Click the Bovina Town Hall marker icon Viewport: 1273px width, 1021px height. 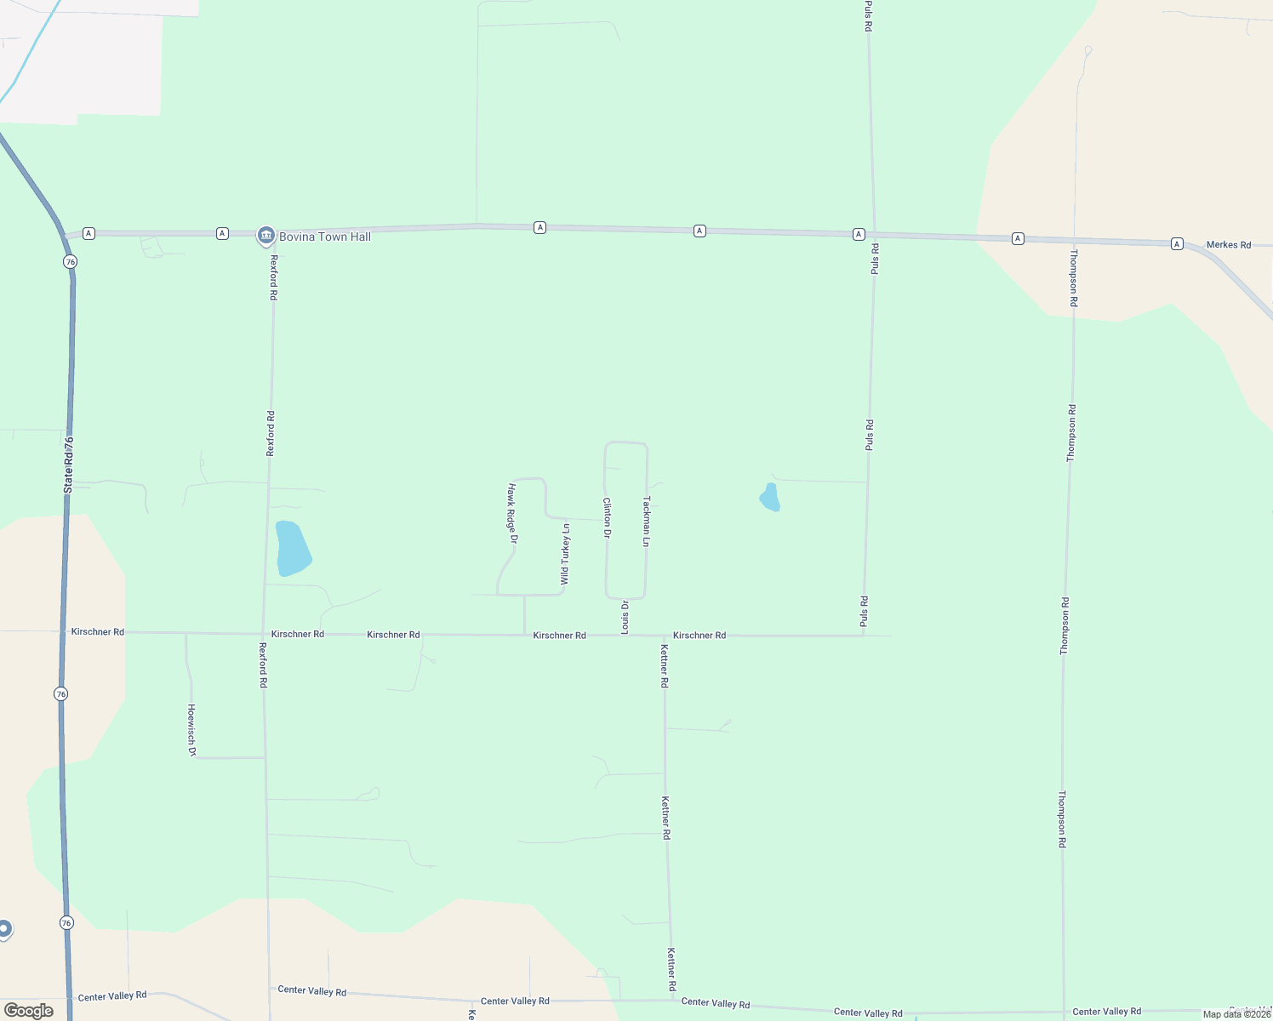(265, 236)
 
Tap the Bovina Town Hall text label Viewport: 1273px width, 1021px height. (325, 237)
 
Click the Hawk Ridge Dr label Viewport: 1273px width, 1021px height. (512, 513)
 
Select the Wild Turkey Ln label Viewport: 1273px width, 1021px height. (565, 554)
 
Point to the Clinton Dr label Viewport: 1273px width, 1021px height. (607, 518)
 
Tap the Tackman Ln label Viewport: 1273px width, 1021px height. (647, 521)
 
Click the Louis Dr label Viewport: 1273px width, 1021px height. (625, 617)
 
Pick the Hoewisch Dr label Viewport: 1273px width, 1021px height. (191, 730)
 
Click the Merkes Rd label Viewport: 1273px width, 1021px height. (1229, 245)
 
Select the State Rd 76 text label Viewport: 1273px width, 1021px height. (69, 465)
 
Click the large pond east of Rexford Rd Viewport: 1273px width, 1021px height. (293, 549)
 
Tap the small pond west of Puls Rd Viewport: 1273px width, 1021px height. (769, 498)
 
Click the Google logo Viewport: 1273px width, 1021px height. (29, 1011)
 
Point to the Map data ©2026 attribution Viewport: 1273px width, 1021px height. (1236, 1014)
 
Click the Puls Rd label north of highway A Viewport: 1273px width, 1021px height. (868, 15)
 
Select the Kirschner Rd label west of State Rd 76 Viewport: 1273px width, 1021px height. (98, 632)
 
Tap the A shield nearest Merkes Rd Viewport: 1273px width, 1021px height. (1177, 243)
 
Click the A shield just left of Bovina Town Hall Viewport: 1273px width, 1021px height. (222, 233)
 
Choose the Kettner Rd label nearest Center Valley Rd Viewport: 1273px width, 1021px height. (671, 969)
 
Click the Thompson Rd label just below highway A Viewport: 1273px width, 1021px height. (1074, 277)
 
